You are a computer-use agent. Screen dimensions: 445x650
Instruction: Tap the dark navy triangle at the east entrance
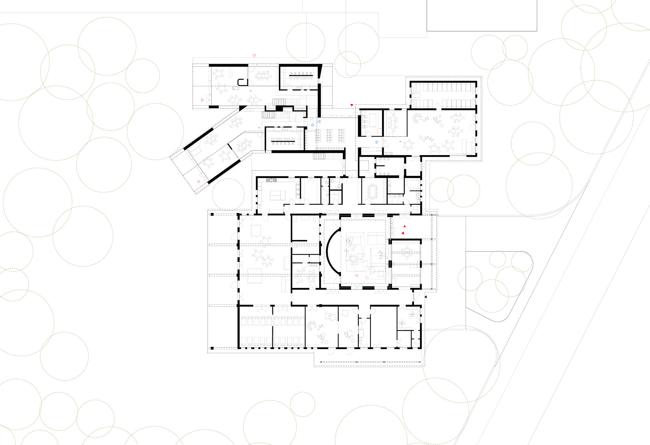[425, 297]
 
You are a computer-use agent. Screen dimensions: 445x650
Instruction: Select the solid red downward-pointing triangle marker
[352, 105]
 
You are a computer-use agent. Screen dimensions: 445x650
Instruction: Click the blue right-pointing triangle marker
[377, 142]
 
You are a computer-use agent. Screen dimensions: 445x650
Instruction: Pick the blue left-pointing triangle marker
[319, 121]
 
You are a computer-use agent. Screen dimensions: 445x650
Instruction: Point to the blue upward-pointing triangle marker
[313, 125]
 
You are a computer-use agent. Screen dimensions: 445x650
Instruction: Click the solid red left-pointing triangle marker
[403, 233]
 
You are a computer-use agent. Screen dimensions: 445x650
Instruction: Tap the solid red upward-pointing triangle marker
[405, 226]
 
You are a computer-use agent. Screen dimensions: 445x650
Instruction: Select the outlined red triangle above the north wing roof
[254, 56]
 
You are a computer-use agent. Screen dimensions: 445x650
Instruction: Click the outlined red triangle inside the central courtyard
[357, 276]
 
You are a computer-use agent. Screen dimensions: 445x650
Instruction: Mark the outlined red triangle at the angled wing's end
[199, 182]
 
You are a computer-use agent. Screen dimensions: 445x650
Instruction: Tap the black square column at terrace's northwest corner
[212, 214]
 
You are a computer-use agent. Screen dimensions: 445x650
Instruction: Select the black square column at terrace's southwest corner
[212, 348]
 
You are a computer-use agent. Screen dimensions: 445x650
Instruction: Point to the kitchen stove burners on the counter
[271, 180]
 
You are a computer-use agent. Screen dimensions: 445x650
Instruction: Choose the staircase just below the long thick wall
[319, 156]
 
